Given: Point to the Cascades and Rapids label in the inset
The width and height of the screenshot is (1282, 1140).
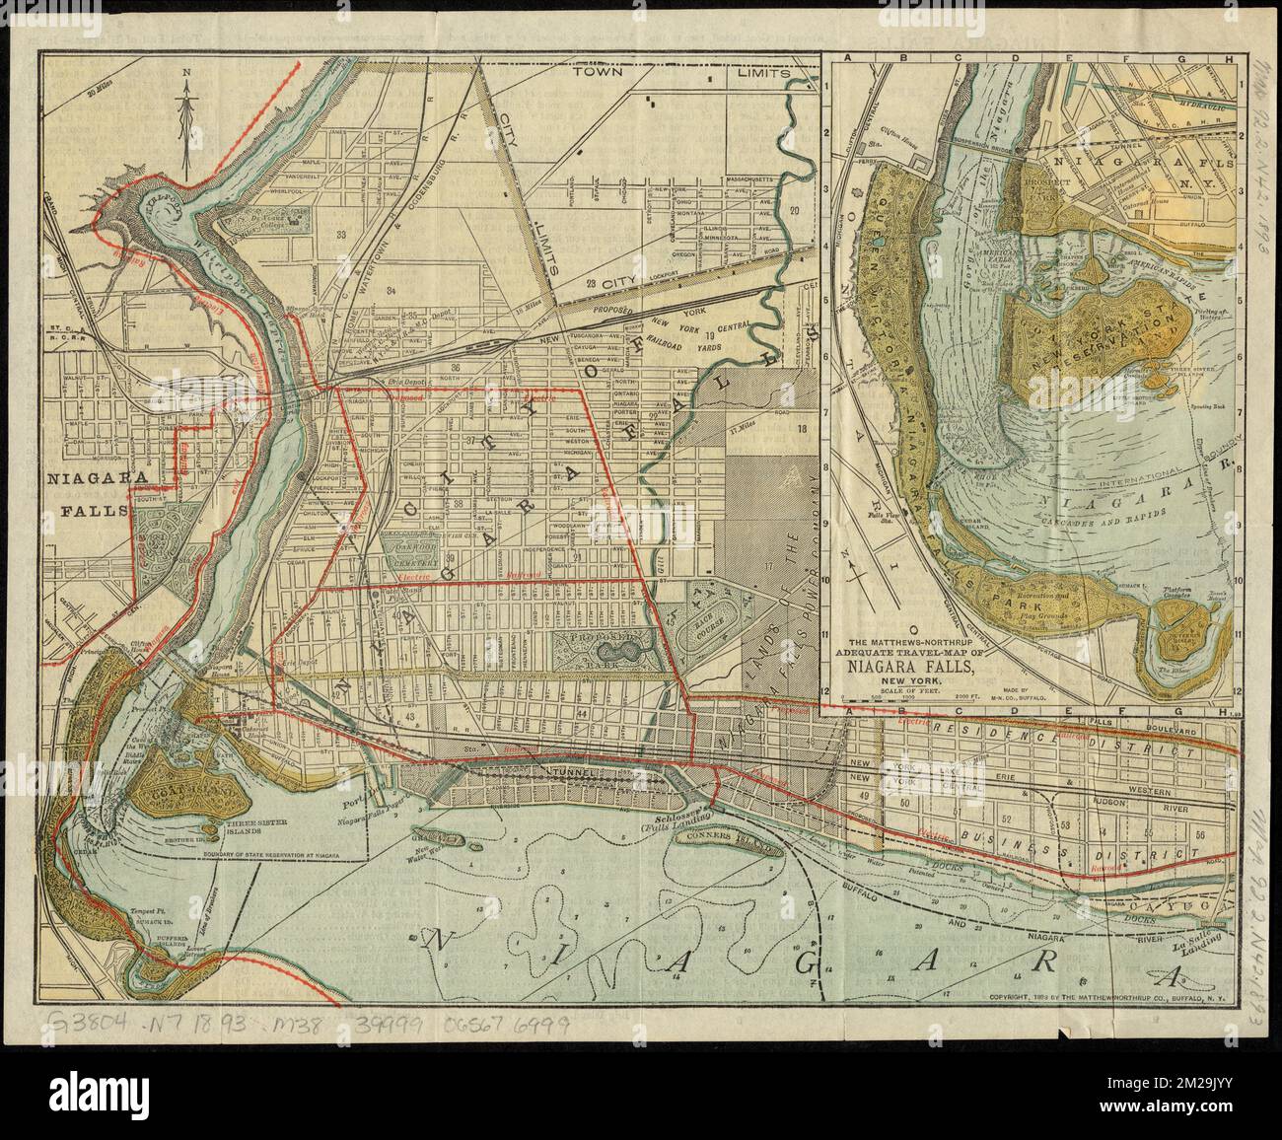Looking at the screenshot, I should pos(1100,513).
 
